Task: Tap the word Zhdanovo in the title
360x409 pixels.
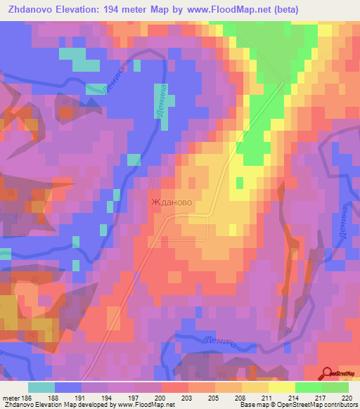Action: (x=31, y=10)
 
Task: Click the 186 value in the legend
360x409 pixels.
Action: (x=27, y=398)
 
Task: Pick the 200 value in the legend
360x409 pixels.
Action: (x=160, y=398)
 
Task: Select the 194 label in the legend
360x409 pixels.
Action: (x=107, y=398)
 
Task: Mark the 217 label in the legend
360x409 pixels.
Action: (x=321, y=398)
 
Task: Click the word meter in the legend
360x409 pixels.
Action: (x=11, y=398)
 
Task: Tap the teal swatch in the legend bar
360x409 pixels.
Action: (x=41, y=387)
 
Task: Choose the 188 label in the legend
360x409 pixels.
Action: (x=53, y=398)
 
